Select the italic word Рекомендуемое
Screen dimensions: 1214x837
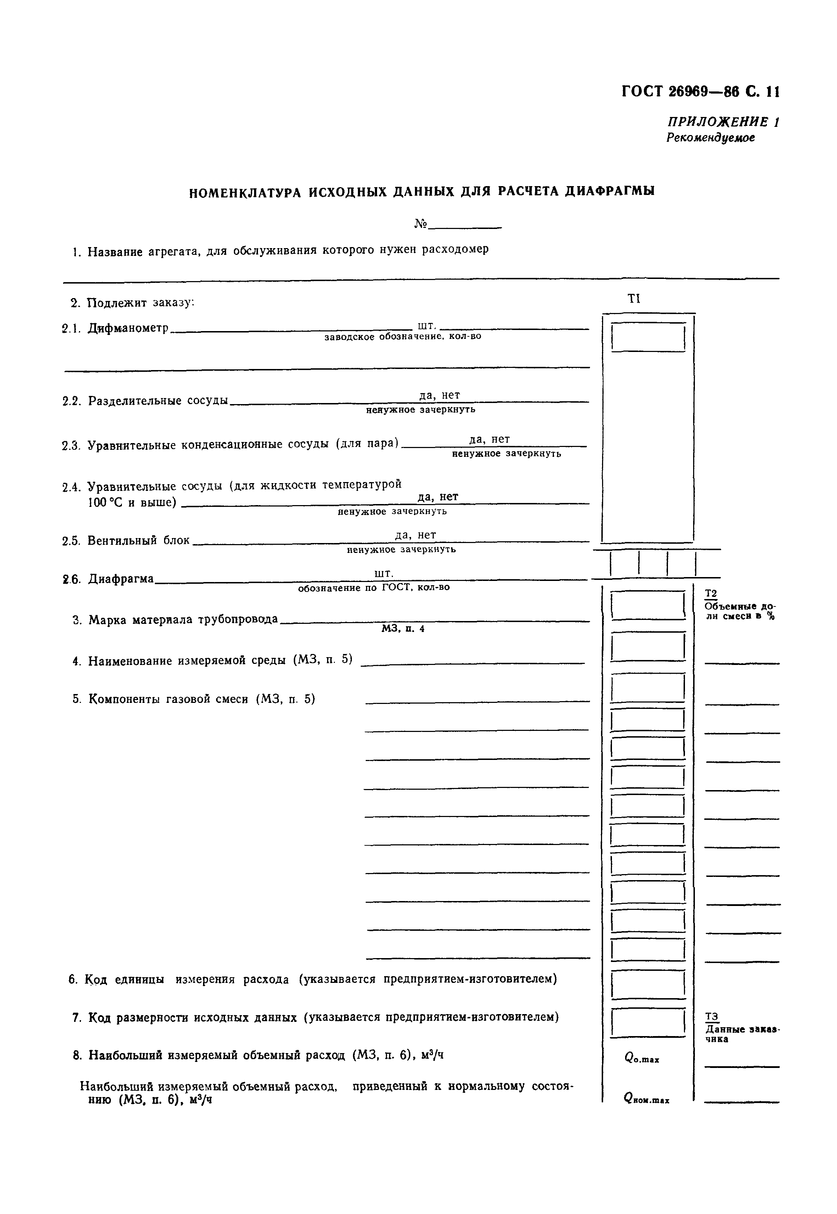[x=710, y=138]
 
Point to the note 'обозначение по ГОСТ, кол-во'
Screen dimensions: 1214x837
[x=373, y=588]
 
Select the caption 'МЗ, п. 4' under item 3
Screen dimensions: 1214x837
[x=402, y=628]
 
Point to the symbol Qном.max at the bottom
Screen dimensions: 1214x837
[x=646, y=1098]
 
